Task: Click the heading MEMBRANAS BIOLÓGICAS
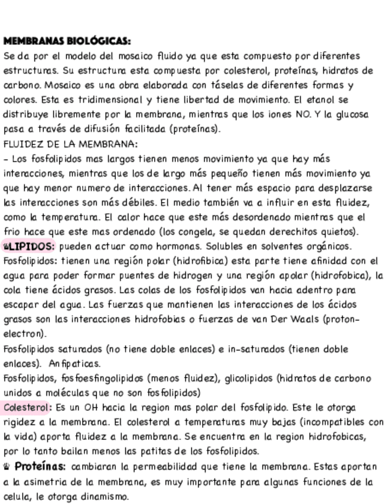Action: pyautogui.click(x=67, y=41)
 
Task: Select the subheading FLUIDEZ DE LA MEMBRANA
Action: pyautogui.click(x=70, y=144)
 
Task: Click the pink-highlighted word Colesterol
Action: pyautogui.click(x=26, y=408)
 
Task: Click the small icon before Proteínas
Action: pyautogui.click(x=7, y=467)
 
